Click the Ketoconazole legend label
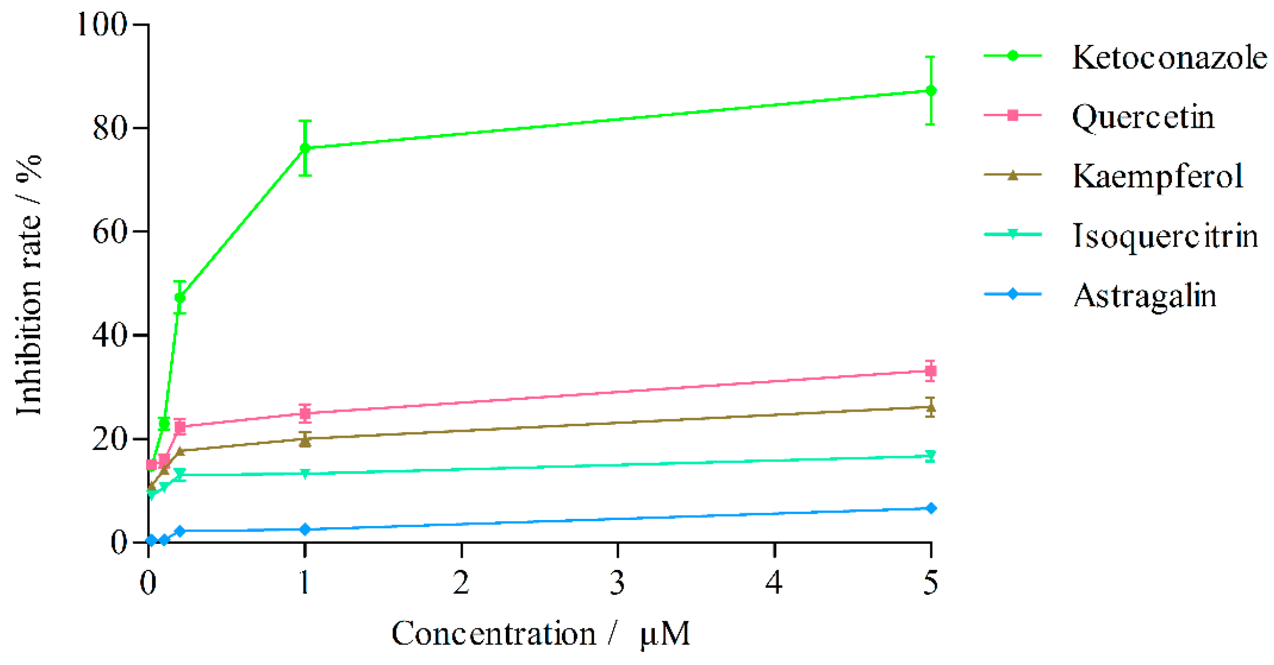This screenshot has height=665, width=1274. (x=1168, y=57)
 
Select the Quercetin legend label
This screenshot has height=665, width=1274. (x=1142, y=117)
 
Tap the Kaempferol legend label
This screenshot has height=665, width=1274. (x=1157, y=176)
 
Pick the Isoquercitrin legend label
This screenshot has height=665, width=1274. (x=1165, y=236)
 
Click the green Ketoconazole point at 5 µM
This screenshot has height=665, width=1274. (x=931, y=91)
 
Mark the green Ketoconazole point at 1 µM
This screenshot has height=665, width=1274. (x=305, y=148)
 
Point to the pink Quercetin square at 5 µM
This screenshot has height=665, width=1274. (x=931, y=371)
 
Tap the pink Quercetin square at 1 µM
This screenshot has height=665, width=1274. (x=305, y=413)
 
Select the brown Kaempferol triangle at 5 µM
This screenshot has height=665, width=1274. (x=931, y=408)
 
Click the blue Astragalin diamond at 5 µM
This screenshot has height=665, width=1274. (x=931, y=508)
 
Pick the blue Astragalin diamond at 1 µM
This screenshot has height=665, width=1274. (x=305, y=529)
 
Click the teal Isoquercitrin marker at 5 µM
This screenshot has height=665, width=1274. (x=931, y=456)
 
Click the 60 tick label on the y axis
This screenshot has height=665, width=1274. (x=109, y=232)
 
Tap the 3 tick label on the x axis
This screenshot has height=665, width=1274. (x=618, y=583)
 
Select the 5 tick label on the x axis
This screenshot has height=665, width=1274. (x=931, y=583)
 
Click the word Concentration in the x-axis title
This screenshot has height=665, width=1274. (x=493, y=633)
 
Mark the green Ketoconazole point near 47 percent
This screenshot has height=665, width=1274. (x=180, y=298)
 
